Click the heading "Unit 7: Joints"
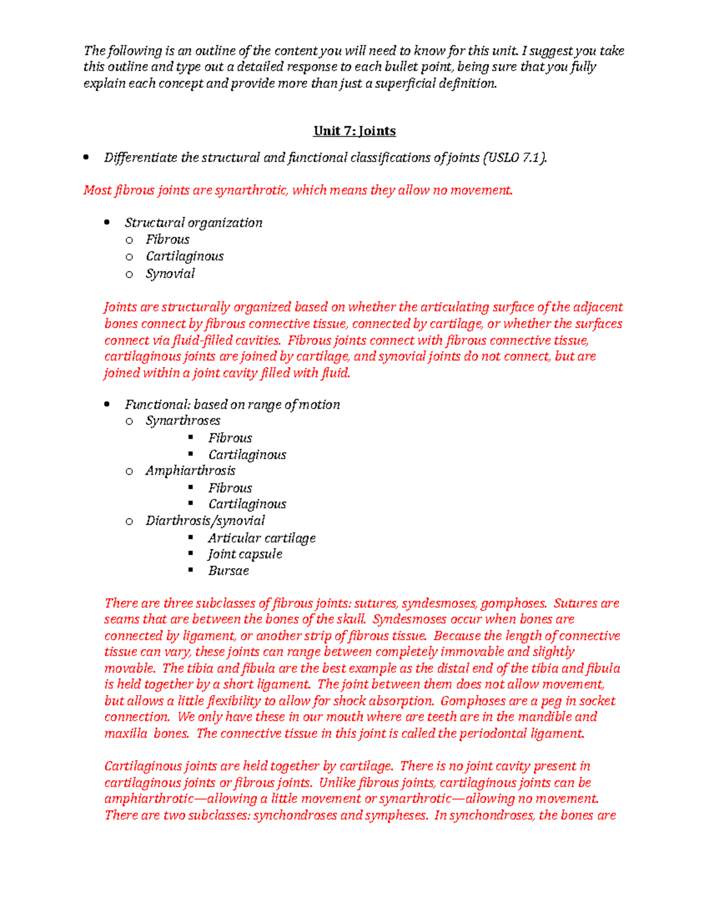(x=354, y=131)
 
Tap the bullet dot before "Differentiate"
(x=87, y=158)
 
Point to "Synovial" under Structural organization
(x=170, y=274)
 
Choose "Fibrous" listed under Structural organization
(x=168, y=239)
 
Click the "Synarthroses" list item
(x=183, y=421)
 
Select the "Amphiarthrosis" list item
(x=190, y=471)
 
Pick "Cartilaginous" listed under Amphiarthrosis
(x=247, y=504)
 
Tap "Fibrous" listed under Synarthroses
(x=230, y=438)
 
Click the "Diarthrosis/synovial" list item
(x=205, y=521)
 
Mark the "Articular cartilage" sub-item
(x=262, y=538)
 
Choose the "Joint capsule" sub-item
(x=245, y=554)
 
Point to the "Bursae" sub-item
(x=229, y=571)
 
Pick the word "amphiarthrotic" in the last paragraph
(x=149, y=799)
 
